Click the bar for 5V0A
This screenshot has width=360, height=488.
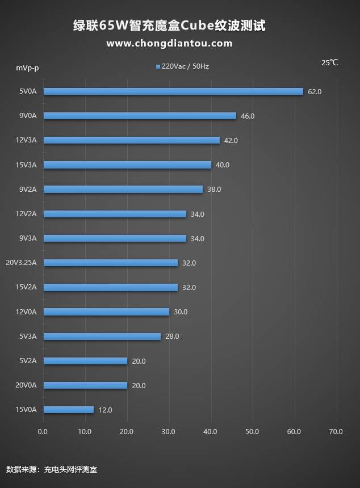tap(173, 91)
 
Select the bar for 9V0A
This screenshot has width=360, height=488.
tap(140, 116)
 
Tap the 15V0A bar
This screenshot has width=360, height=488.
tap(68, 410)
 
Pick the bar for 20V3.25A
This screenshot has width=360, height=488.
tap(110, 263)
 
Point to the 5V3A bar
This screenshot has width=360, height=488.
tap(102, 336)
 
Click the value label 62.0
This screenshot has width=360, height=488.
tap(315, 91)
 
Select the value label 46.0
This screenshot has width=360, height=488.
tap(248, 116)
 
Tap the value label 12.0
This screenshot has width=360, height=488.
tap(105, 410)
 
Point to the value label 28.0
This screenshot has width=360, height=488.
tap(172, 336)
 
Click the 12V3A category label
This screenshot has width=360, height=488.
tap(26, 140)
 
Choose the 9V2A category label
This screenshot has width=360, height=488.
tap(28, 190)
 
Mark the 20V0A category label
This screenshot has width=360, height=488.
tap(26, 385)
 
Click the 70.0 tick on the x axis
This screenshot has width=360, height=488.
tap(336, 432)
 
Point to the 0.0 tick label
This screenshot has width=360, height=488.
tap(43, 432)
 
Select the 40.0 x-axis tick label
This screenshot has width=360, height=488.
tap(211, 432)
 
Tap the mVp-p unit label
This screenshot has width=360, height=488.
tap(27, 68)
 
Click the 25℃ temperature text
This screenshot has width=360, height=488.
tap(329, 63)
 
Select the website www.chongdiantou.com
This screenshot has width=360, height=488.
tap(169, 43)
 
